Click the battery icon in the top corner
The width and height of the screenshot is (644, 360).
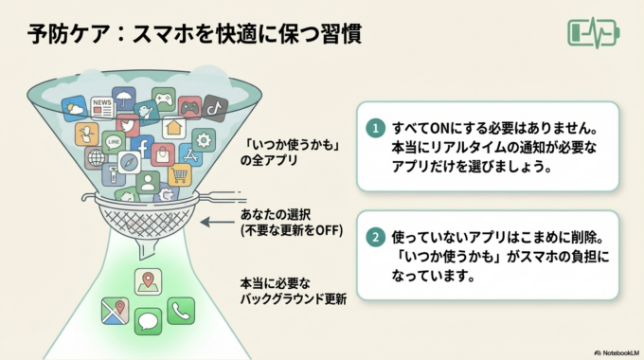pos(594,31)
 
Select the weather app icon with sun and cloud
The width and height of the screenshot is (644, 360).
pos(75,108)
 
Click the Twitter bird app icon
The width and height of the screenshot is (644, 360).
pos(126,125)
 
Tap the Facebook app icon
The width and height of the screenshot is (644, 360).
pos(143,149)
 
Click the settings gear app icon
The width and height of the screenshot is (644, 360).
pos(203,139)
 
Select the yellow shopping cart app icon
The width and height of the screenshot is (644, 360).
pos(179,174)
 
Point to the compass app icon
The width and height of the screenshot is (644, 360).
pos(129,162)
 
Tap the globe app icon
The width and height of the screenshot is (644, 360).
pos(95,157)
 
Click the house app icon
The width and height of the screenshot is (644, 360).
pos(173,127)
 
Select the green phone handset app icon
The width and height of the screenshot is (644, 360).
pos(181,309)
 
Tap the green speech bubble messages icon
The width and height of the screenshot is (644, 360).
pos(148,321)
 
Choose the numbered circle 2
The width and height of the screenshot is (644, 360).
pos(376,236)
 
